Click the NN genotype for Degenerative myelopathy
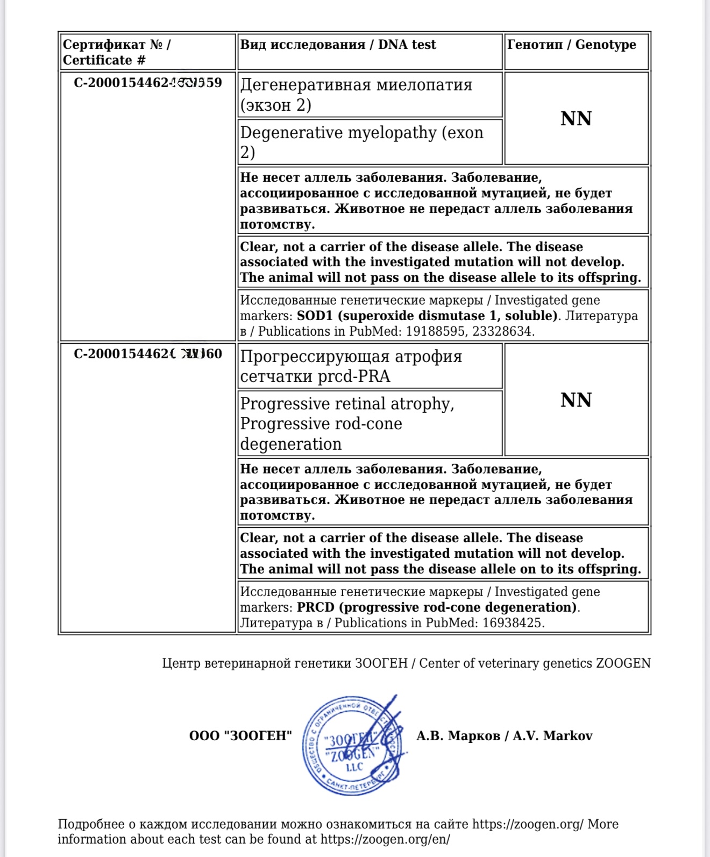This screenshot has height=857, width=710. click(x=576, y=119)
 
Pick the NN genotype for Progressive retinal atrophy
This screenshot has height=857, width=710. click(x=576, y=400)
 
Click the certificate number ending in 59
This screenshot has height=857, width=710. click(x=147, y=83)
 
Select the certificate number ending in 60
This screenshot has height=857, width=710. click(x=147, y=354)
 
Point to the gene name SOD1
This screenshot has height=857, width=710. click(x=315, y=316)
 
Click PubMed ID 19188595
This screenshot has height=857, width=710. click(x=435, y=331)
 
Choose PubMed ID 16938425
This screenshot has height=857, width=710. click(x=513, y=623)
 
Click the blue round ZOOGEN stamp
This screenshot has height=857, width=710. click(x=352, y=746)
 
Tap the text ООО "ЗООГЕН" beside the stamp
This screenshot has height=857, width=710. click(x=240, y=736)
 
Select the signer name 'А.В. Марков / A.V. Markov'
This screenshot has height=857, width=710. click(x=504, y=736)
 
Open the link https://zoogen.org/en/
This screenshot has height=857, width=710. click(x=385, y=839)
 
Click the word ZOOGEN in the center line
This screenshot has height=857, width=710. click(x=623, y=663)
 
